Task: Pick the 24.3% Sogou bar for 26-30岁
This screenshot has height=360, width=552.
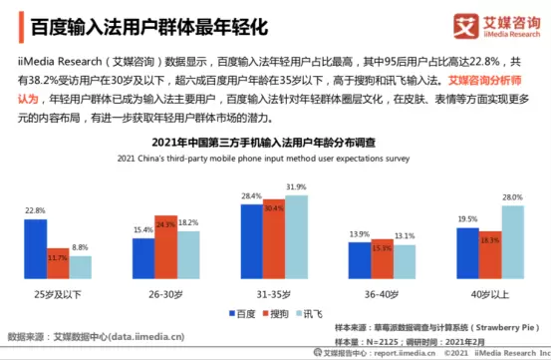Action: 165,245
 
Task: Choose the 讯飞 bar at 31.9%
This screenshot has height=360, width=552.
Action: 297,235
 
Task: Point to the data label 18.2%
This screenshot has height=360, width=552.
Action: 188,222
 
